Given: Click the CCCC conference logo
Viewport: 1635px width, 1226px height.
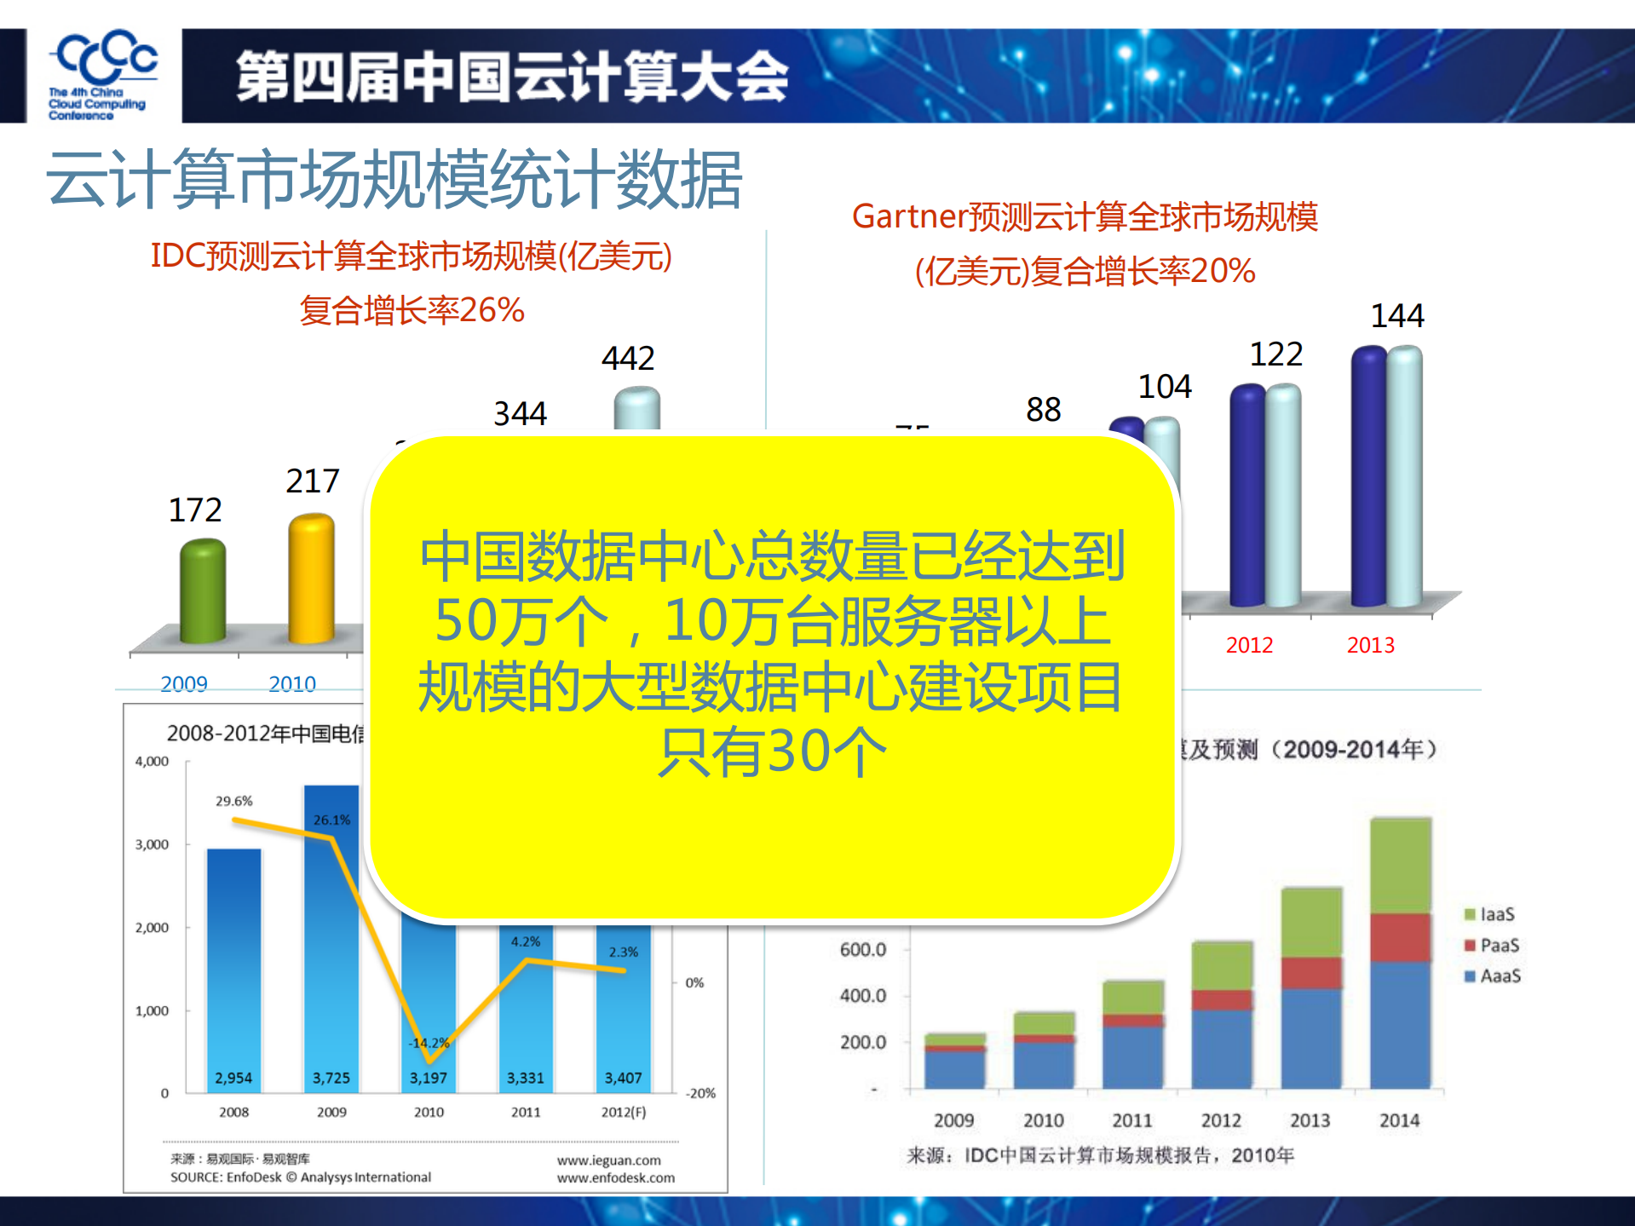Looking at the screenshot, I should point(103,75).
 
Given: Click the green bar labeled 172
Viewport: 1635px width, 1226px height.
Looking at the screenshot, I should point(202,591).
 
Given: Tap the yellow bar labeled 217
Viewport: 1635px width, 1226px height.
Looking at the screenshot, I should point(311,578).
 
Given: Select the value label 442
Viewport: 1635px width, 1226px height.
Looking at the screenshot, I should point(628,359).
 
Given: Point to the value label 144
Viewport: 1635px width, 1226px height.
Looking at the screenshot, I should point(1397,316).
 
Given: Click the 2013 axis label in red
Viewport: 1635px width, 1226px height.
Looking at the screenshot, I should point(1370,645).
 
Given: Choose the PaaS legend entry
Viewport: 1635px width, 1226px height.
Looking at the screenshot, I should point(1492,945).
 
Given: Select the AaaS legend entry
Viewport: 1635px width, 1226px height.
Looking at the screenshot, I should point(1493,976).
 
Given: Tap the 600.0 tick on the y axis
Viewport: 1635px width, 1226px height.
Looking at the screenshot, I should point(862,949).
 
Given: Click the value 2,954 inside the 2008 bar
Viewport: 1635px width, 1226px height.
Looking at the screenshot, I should point(233,1078).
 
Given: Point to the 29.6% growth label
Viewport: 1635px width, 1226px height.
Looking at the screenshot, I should point(233,801).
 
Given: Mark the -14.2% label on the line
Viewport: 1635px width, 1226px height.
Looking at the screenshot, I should point(429,1043).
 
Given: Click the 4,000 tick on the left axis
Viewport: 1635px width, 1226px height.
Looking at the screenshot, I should point(152,761).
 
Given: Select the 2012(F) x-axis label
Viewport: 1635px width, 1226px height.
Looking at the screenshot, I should point(623,1112).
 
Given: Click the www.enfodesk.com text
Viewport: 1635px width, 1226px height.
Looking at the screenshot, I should point(615,1177).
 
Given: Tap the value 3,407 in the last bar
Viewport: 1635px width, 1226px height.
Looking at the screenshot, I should point(623,1078).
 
